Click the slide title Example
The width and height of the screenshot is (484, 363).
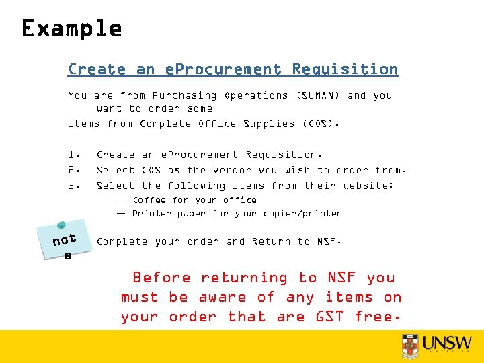71,29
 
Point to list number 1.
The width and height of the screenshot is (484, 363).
75,155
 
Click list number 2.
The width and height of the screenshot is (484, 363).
75,171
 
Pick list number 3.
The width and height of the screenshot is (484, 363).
75,186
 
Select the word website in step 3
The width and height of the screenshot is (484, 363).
366,186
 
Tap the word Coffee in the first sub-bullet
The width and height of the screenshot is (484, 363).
149,200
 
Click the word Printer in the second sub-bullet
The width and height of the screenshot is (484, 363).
151,214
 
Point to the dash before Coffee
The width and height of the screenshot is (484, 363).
120,200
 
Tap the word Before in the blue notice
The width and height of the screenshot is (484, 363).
161,278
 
